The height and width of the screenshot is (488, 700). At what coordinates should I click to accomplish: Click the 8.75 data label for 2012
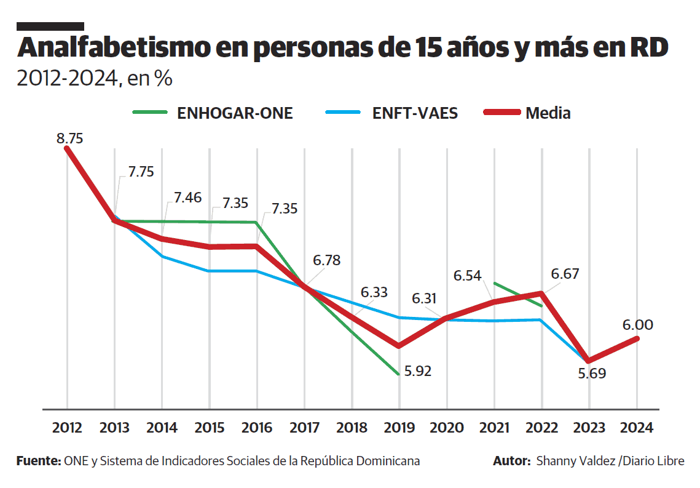[x=69, y=138]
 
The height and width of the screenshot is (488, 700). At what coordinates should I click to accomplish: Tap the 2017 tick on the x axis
[x=304, y=427]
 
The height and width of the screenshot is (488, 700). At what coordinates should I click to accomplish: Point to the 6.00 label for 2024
[x=637, y=325]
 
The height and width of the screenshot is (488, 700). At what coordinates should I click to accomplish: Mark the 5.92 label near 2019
[x=418, y=371]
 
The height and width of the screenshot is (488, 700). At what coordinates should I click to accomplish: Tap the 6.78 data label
[x=326, y=260]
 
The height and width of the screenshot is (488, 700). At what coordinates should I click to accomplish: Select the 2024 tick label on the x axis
[x=637, y=427]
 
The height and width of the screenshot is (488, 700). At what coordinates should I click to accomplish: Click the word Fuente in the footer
[x=37, y=461]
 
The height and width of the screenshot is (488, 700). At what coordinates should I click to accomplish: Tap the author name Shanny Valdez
[x=575, y=461]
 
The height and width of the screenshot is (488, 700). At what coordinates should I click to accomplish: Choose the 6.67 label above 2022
[x=565, y=274]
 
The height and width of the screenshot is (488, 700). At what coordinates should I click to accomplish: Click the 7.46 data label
[x=187, y=198]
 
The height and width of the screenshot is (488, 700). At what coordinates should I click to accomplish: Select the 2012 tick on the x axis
[x=67, y=427]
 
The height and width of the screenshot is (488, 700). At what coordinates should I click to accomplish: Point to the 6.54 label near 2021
[x=467, y=276]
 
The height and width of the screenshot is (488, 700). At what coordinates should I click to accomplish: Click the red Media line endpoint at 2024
[x=637, y=338]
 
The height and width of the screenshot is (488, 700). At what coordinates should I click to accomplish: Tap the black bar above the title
[x=50, y=26]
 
